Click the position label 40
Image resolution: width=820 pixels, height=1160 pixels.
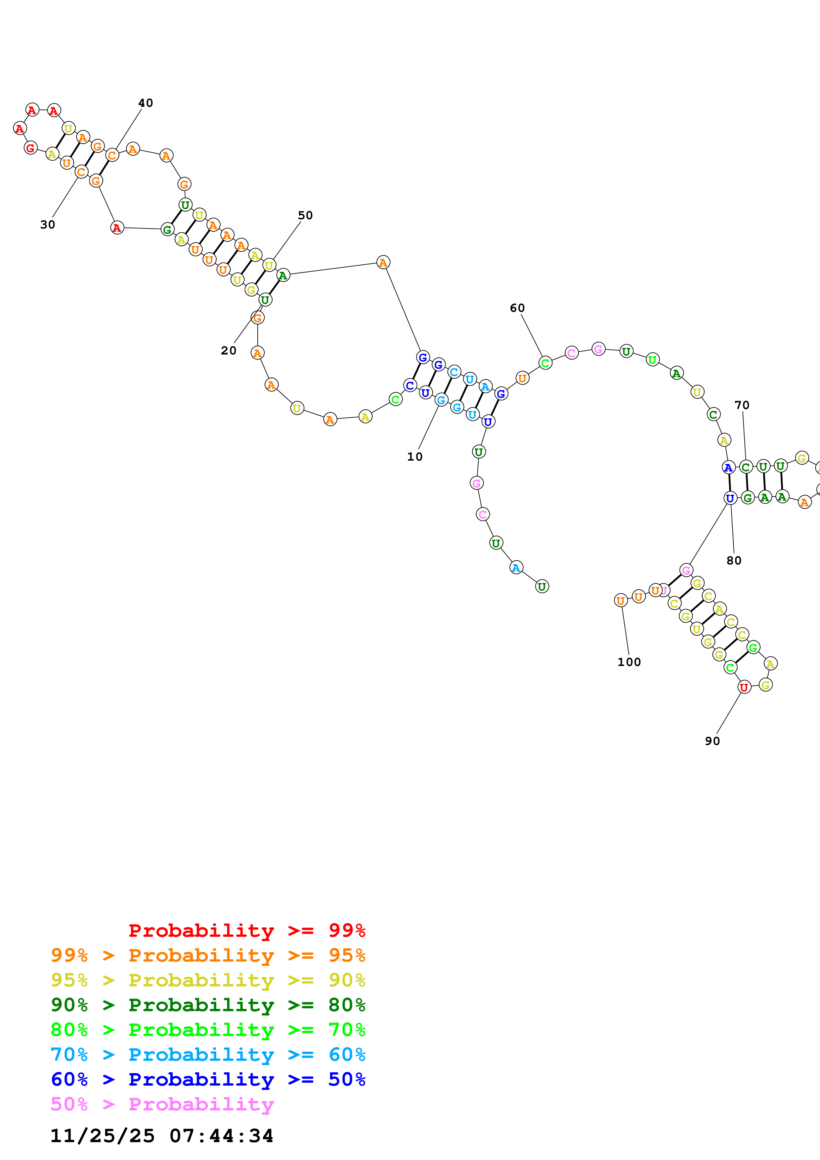pos(146,103)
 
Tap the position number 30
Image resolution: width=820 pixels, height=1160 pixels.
pos(48,225)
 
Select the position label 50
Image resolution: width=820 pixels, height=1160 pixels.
pos(305,216)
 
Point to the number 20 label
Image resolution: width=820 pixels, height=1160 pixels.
pos(228,351)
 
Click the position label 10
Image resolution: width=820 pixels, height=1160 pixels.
pos(415,457)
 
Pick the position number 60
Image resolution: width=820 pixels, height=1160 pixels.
pos(517,308)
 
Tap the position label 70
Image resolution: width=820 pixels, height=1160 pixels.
pos(742,405)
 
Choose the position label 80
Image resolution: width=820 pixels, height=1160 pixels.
pos(734,561)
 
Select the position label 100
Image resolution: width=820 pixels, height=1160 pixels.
pos(629,662)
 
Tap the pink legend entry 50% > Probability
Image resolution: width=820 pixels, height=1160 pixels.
pos(162,1104)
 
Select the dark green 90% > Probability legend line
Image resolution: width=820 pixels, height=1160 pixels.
pos(208,1005)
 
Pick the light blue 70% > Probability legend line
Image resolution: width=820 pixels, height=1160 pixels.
pos(208,1055)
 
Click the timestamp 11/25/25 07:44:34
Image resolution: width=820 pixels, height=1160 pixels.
pos(162,1136)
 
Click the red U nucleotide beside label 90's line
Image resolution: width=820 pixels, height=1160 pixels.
pos(744,687)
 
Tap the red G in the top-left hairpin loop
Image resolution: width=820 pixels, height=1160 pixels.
pos(30,148)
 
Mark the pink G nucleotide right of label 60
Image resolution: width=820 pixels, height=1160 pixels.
pos(598,349)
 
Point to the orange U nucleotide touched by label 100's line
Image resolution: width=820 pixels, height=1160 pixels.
pos(621,601)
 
